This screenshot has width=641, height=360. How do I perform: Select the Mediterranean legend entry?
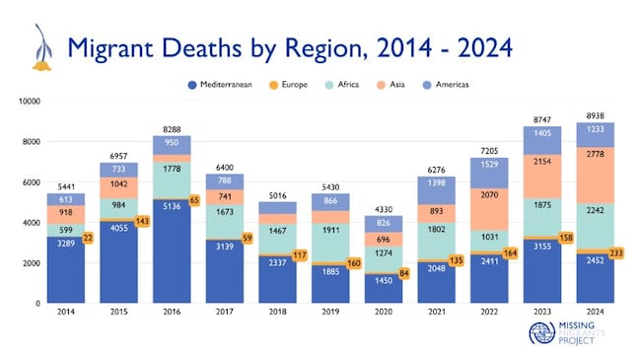[221, 85]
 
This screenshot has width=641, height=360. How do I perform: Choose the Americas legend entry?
[455, 85]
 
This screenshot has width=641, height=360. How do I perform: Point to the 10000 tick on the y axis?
[29, 102]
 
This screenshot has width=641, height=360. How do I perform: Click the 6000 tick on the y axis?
[31, 182]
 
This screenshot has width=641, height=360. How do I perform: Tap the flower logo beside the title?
[40, 47]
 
